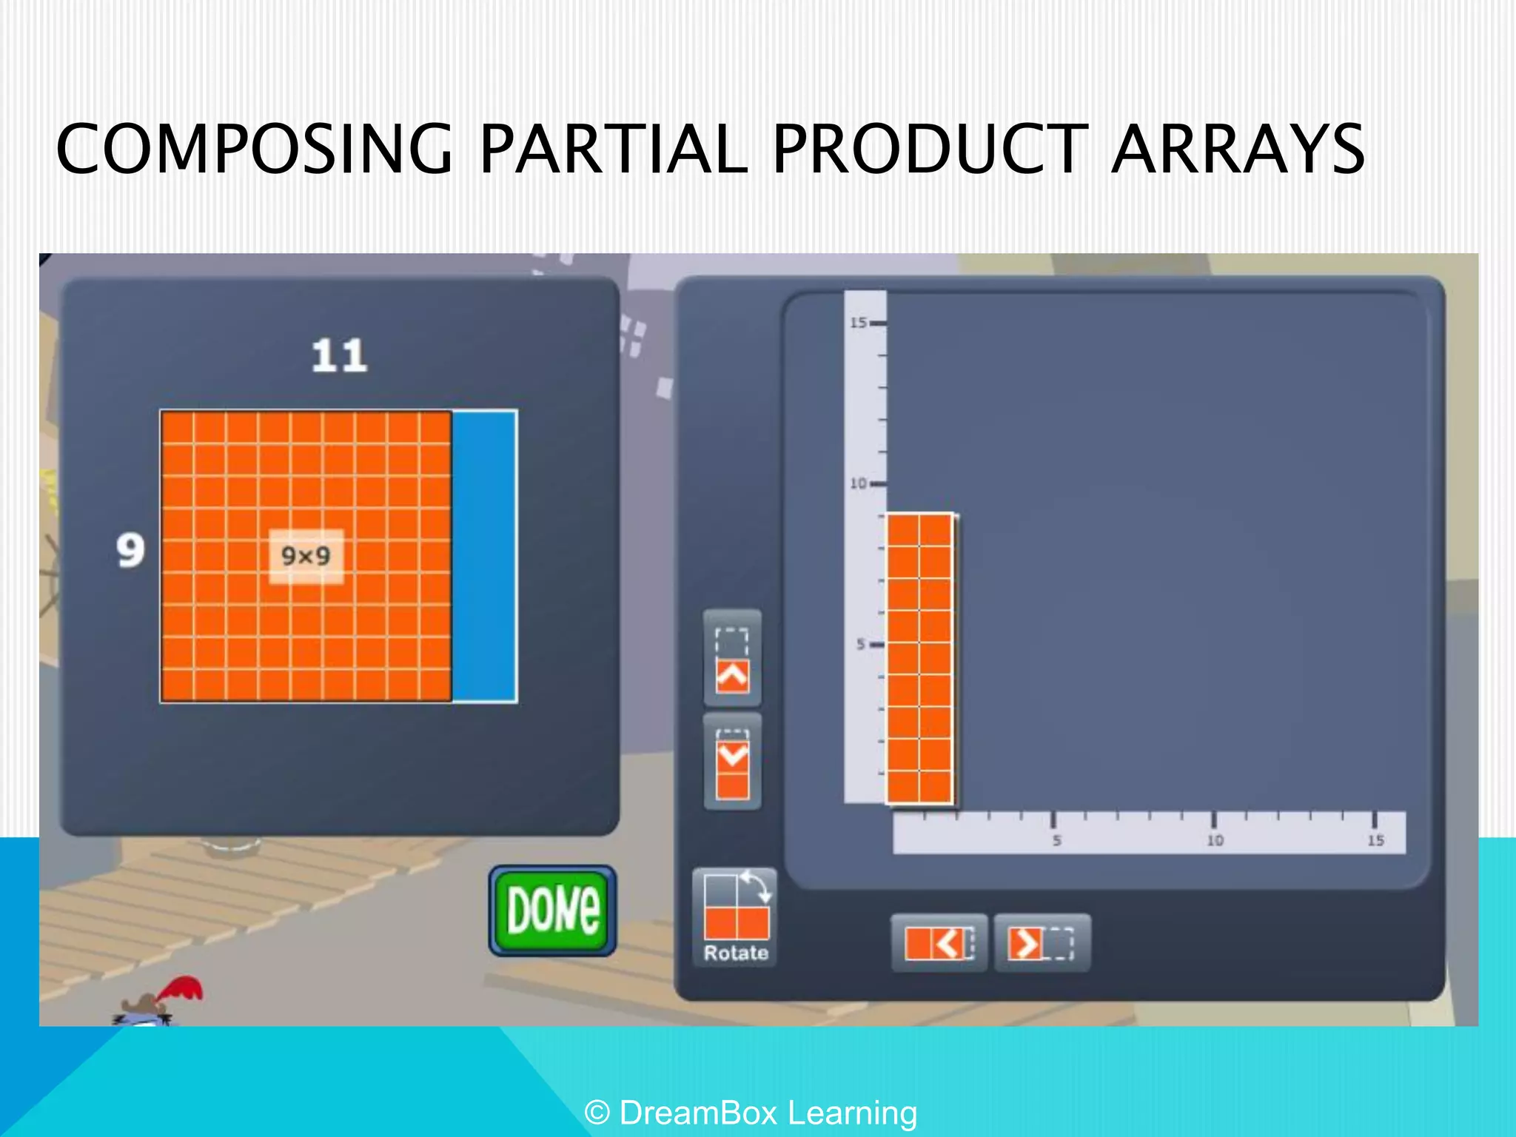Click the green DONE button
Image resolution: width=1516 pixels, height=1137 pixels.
[552, 910]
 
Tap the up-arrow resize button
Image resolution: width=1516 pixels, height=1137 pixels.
[732, 658]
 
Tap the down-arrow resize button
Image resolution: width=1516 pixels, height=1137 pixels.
[732, 762]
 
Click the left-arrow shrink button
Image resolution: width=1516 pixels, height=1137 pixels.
[939, 943]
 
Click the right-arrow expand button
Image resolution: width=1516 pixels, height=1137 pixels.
[1042, 943]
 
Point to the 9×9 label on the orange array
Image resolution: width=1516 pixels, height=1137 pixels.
[306, 556]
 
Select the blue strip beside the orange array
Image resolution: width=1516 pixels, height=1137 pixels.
[484, 556]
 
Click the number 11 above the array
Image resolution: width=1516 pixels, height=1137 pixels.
[339, 356]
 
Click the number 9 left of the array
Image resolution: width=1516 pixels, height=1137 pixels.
[130, 551]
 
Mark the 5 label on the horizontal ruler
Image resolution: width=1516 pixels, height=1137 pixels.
[1056, 840]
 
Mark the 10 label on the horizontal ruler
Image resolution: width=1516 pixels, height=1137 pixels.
[1215, 840]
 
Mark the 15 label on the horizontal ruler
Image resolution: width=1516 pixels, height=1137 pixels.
[1375, 840]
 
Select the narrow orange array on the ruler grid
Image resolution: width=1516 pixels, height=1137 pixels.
[920, 658]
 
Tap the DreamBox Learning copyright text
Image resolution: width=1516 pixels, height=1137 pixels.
[751, 1113]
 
